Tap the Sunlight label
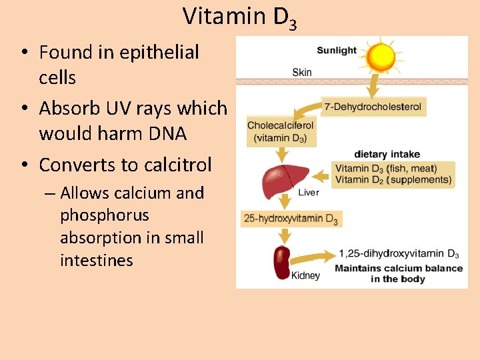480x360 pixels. (337, 51)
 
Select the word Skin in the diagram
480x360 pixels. (301, 72)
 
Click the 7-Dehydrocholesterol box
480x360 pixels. (372, 106)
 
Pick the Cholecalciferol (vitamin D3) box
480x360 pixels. (280, 132)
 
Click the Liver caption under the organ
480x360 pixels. (309, 193)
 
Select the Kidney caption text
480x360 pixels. (305, 275)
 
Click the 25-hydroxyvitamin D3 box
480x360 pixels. (291, 219)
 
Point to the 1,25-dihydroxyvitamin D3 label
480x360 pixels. (399, 254)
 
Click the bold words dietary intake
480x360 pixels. (387, 155)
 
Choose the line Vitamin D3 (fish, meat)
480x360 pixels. (387, 169)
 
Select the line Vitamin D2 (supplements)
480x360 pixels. (393, 179)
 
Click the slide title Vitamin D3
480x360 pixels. (239, 17)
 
